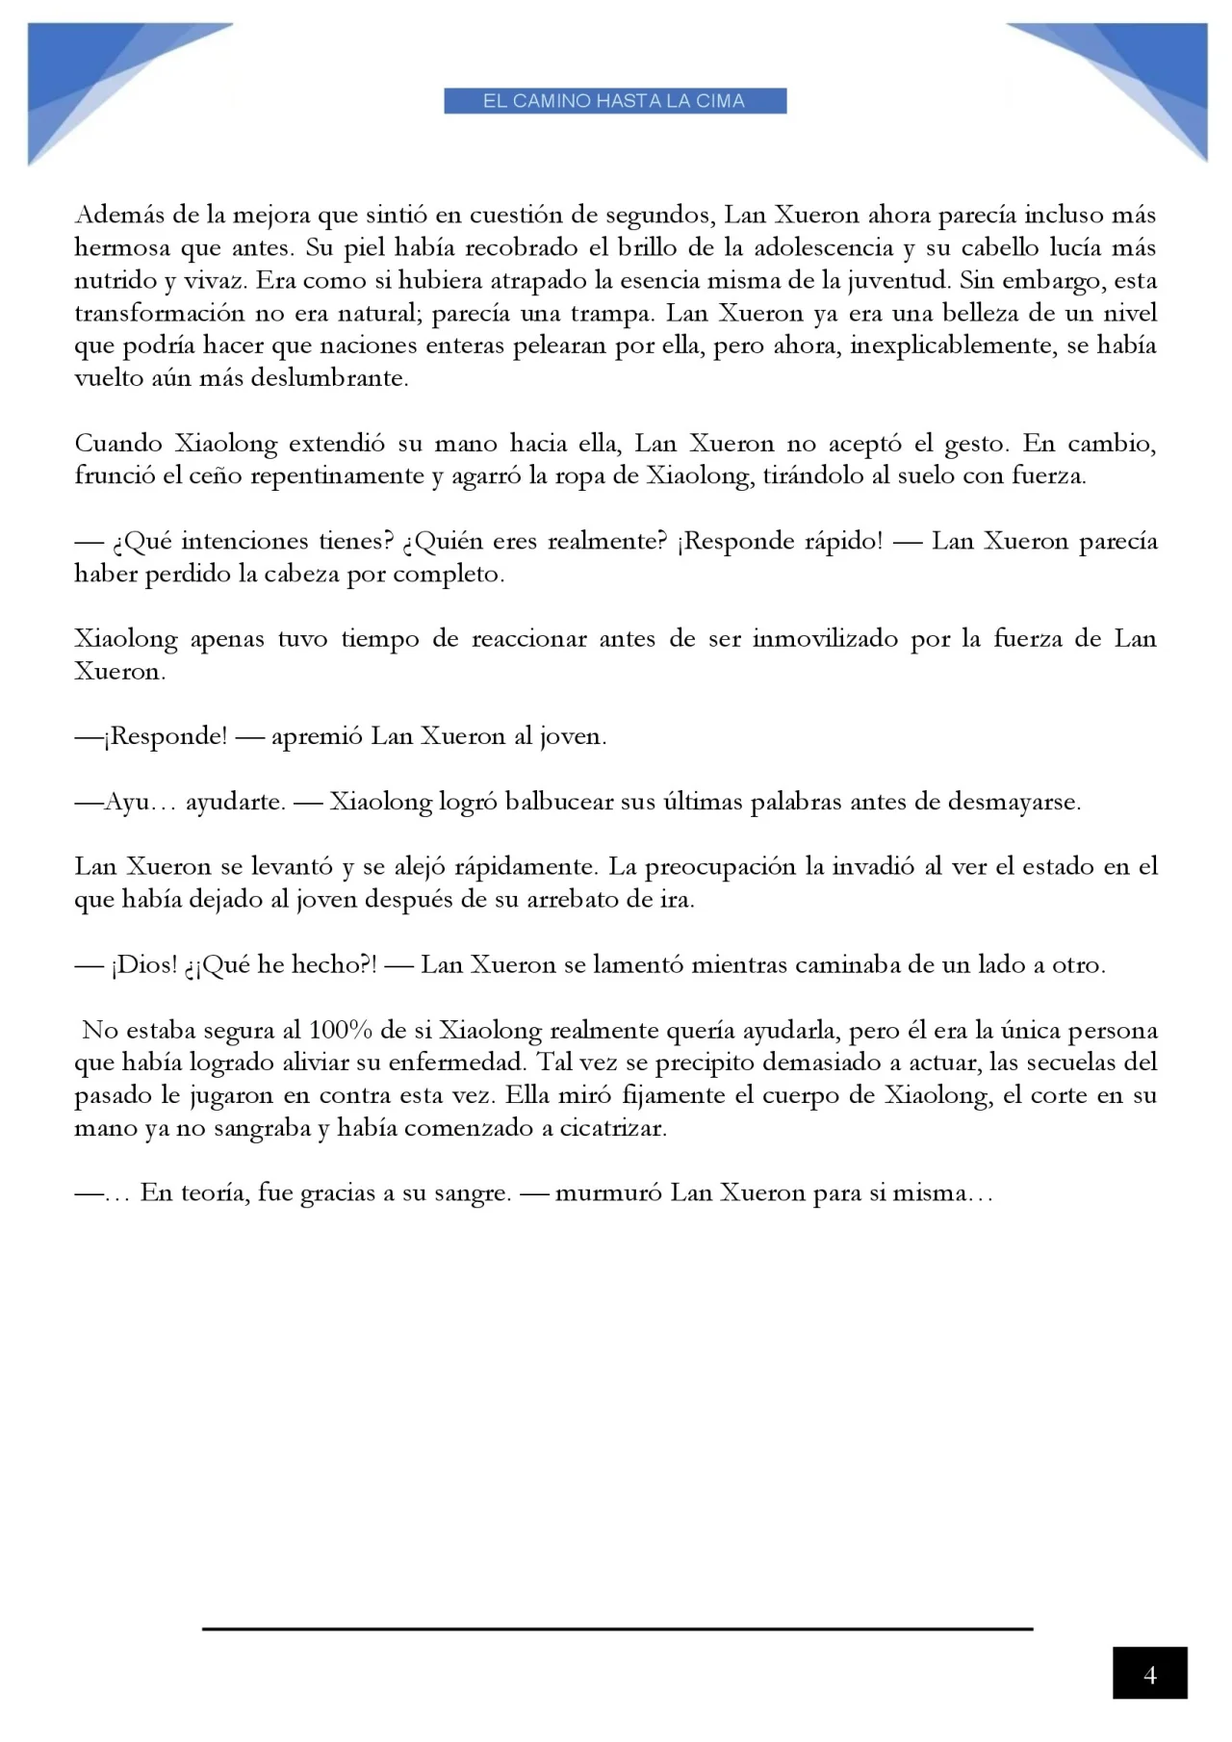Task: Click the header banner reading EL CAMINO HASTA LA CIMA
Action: [614, 101]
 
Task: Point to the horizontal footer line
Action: [617, 1628]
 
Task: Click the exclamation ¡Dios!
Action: [144, 965]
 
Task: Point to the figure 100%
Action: [340, 1031]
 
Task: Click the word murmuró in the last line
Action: [608, 1193]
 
